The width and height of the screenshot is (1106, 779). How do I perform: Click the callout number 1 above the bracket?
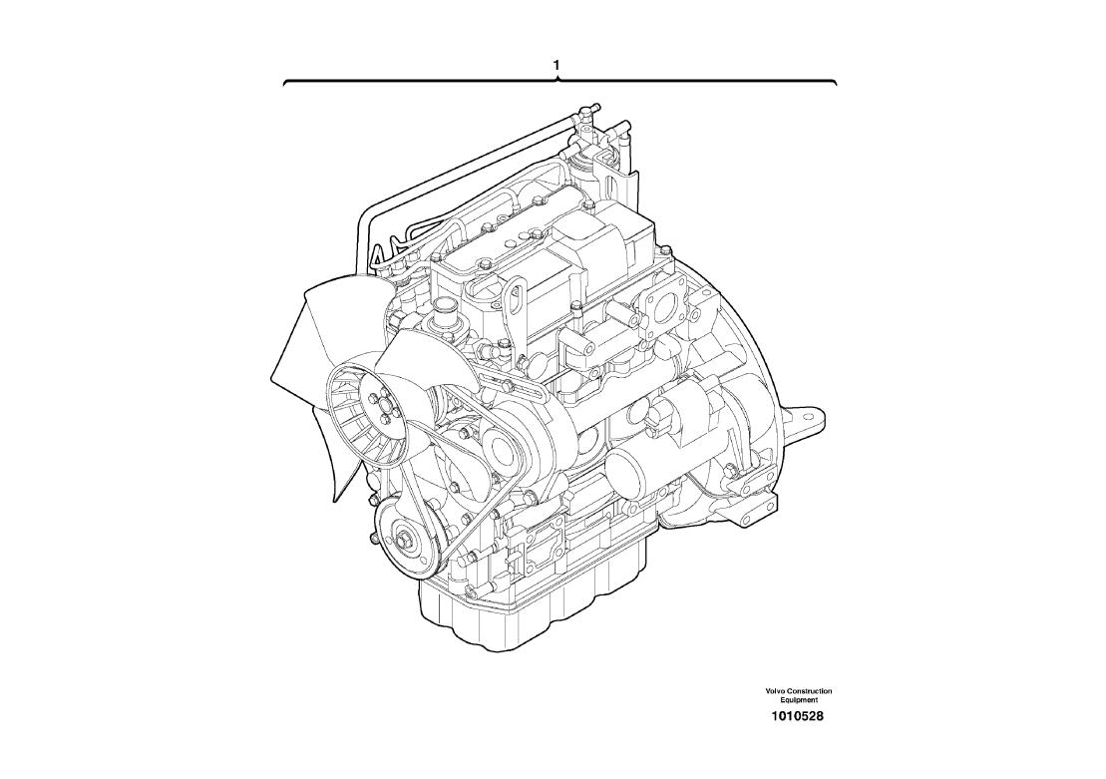pyautogui.click(x=556, y=65)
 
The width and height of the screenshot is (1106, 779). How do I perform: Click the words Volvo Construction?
pyautogui.click(x=799, y=691)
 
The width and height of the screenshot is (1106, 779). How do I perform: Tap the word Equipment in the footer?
pyautogui.click(x=799, y=700)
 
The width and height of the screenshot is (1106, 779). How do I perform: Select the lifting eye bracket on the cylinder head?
pyautogui.click(x=512, y=295)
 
